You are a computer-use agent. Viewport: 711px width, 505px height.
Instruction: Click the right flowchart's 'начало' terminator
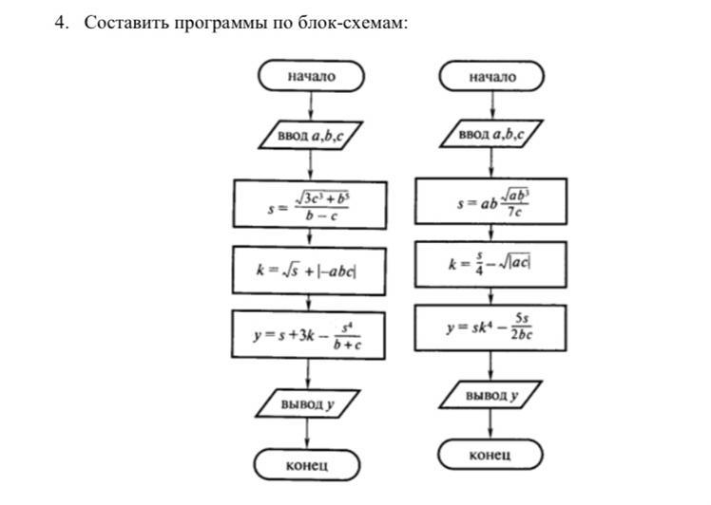(x=491, y=76)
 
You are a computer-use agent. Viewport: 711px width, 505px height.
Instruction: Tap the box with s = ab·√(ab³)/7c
(x=491, y=203)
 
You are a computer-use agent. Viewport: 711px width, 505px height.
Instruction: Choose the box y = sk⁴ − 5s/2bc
(x=491, y=328)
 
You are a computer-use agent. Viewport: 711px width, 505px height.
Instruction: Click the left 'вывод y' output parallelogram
(x=308, y=403)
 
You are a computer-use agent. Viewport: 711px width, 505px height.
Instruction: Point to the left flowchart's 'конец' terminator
(x=307, y=465)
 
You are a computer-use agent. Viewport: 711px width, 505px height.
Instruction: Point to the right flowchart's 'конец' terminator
(x=490, y=455)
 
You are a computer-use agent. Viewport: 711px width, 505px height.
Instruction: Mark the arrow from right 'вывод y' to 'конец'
(x=491, y=425)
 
